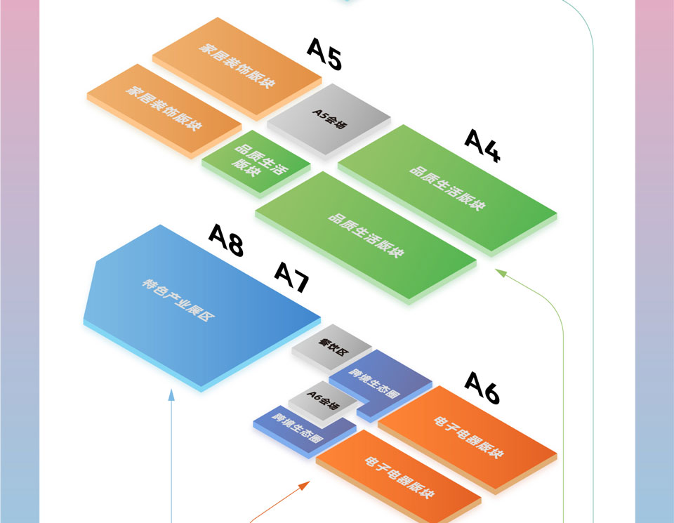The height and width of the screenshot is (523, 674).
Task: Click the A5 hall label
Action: [324, 55]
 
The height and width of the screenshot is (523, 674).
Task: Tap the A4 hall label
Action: [482, 146]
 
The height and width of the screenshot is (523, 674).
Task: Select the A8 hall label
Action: [226, 241]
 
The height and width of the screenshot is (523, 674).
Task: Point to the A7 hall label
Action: [291, 277]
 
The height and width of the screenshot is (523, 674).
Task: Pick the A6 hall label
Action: [482, 388]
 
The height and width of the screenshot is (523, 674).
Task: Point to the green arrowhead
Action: [501, 273]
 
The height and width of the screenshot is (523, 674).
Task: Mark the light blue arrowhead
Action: [171, 394]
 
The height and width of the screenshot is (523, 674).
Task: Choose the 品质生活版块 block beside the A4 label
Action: [447, 188]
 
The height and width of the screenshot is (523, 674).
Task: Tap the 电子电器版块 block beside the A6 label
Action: [468, 437]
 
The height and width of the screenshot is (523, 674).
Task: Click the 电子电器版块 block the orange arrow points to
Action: [398, 477]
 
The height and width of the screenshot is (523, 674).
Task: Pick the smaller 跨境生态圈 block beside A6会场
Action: [298, 428]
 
